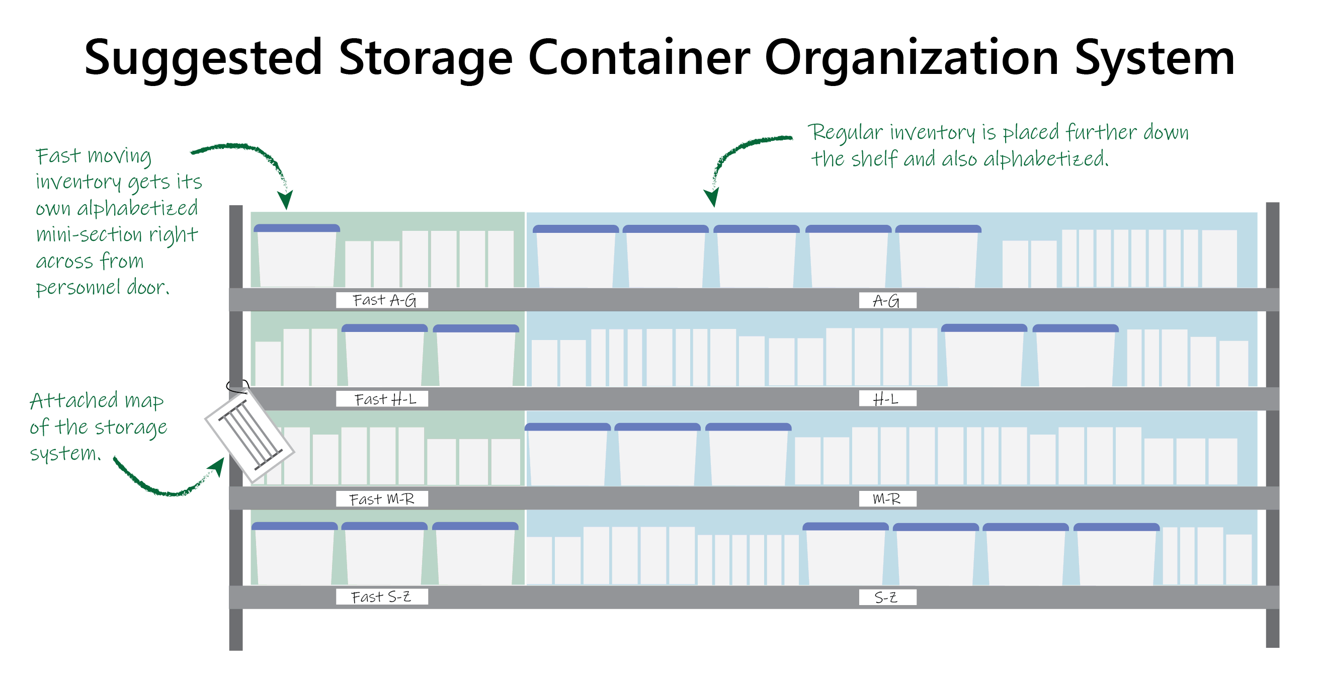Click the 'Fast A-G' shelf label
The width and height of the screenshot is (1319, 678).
pos(382,300)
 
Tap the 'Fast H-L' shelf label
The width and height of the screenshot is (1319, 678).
pos(382,399)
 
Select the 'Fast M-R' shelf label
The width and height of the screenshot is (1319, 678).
pos(382,498)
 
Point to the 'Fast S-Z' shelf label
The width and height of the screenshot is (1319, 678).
pos(382,597)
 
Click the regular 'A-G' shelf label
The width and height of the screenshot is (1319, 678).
pos(887,301)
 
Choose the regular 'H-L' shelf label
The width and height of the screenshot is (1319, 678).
pos(887,399)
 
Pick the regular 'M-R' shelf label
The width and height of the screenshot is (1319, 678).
pos(887,498)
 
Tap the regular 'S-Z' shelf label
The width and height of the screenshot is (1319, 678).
pos(887,597)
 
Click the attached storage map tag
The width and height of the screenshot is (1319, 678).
pos(250,436)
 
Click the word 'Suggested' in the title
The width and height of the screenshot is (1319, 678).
pos(203,59)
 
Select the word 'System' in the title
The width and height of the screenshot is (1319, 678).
pos(1154,59)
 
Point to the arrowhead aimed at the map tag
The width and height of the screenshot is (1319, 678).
pos(217,465)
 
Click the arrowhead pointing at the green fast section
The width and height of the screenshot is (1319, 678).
pos(285,200)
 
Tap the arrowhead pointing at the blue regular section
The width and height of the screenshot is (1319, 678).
pos(712,197)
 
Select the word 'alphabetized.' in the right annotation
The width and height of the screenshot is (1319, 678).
pos(1045,159)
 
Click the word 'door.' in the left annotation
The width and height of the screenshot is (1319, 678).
pos(148,287)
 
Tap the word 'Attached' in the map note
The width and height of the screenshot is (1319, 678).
pos(74,400)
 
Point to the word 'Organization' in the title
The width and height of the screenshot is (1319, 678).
pos(912,59)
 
